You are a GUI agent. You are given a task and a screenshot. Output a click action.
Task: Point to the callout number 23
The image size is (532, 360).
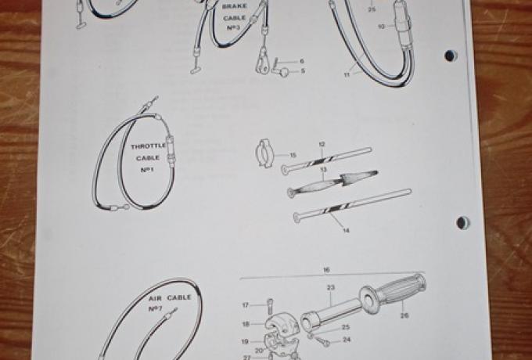331,287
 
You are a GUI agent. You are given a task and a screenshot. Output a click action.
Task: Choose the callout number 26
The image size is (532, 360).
404,316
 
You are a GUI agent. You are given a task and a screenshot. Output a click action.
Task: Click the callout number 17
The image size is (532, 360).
245,305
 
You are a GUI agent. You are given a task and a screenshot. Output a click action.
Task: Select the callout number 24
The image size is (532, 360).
347,341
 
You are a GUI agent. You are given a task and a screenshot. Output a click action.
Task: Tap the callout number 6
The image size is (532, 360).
302,61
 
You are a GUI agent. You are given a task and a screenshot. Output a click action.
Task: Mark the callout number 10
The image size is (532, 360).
381,26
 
